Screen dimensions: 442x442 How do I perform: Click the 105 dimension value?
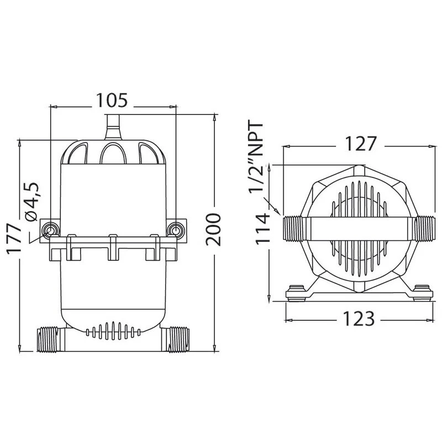click(x=112, y=101)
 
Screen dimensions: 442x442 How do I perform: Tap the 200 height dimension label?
click(x=213, y=230)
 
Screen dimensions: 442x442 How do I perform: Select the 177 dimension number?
click(x=14, y=239)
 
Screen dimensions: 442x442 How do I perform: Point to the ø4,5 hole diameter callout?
click(x=31, y=201)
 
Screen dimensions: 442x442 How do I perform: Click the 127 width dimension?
click(x=361, y=144)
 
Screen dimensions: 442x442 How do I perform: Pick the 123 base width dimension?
click(x=359, y=319)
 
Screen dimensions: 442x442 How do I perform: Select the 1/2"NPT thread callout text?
click(x=256, y=157)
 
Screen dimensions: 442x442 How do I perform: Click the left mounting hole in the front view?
click(x=50, y=230)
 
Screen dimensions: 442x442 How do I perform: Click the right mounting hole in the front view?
click(x=176, y=230)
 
